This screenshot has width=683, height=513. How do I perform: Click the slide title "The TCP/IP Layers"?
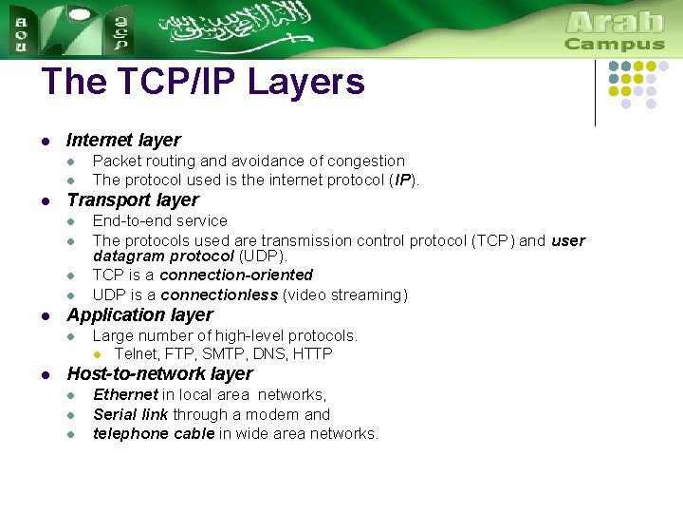point(203,83)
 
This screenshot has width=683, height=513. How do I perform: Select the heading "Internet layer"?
point(123,141)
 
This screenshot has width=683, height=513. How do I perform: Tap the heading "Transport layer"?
point(133,200)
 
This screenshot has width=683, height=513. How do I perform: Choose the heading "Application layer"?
point(139,315)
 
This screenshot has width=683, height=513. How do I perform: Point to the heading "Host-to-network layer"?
point(159,374)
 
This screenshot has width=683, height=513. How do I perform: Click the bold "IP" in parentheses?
point(402,180)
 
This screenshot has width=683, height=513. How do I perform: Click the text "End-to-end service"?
point(159,221)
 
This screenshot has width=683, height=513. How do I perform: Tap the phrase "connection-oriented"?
point(236,275)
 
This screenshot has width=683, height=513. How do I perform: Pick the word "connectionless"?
point(219,295)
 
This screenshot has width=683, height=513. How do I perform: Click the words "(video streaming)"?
point(345,295)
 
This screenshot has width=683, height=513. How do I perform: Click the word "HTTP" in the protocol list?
point(313,354)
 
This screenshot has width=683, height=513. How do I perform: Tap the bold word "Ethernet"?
point(125,395)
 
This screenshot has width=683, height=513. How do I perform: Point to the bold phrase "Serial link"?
point(131,415)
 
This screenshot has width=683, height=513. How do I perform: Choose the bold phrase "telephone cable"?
point(154,434)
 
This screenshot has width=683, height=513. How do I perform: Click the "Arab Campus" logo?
point(615,30)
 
